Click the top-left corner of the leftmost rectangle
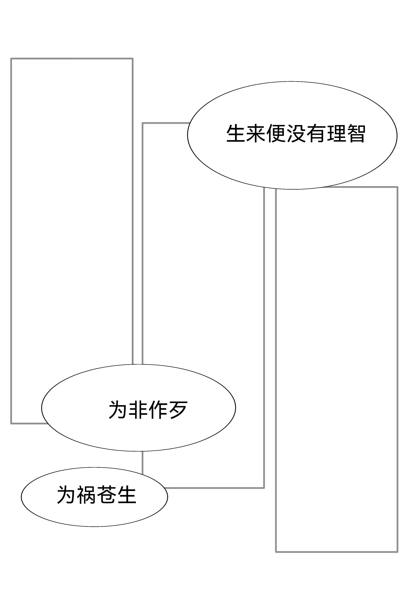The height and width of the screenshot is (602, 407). tap(11, 59)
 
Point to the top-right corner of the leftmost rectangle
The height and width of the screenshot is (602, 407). tap(133, 59)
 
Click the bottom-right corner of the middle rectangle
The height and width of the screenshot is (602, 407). tap(264, 488)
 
